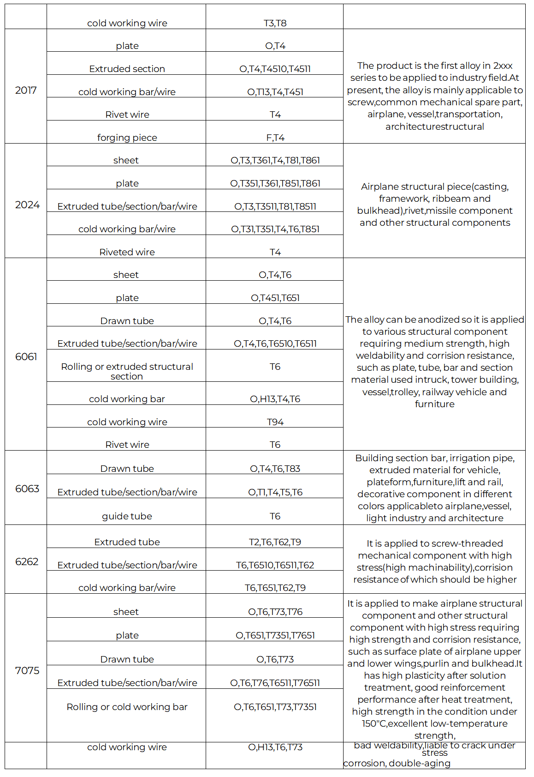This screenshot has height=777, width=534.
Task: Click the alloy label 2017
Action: (x=26, y=90)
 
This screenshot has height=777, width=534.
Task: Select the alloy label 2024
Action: (x=27, y=205)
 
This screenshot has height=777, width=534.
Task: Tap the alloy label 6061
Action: (x=26, y=356)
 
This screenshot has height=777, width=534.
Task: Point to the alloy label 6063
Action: (x=27, y=488)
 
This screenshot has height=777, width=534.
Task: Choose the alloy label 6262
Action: (x=27, y=561)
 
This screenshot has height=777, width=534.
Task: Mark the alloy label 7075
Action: (x=27, y=670)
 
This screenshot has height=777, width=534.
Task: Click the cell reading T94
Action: (x=275, y=422)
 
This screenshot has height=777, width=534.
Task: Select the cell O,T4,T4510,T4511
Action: (x=275, y=69)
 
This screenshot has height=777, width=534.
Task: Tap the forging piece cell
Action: (x=127, y=138)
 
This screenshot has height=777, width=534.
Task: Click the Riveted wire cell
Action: (x=127, y=252)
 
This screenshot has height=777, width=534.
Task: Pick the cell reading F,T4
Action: (x=275, y=138)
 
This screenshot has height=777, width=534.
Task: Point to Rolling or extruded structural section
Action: (x=127, y=371)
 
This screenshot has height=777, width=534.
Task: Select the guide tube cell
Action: (x=127, y=516)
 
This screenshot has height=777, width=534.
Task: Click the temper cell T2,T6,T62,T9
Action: (x=275, y=542)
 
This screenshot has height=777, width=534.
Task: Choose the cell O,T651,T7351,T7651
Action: (x=275, y=635)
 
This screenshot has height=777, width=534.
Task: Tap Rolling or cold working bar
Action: (x=127, y=707)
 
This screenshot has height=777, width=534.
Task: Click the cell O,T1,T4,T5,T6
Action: (x=275, y=492)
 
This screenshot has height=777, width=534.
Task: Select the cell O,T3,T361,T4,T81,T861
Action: (x=275, y=160)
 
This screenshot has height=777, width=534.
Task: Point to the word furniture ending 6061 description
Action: (x=434, y=404)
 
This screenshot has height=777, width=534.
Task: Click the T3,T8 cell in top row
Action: (x=275, y=23)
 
